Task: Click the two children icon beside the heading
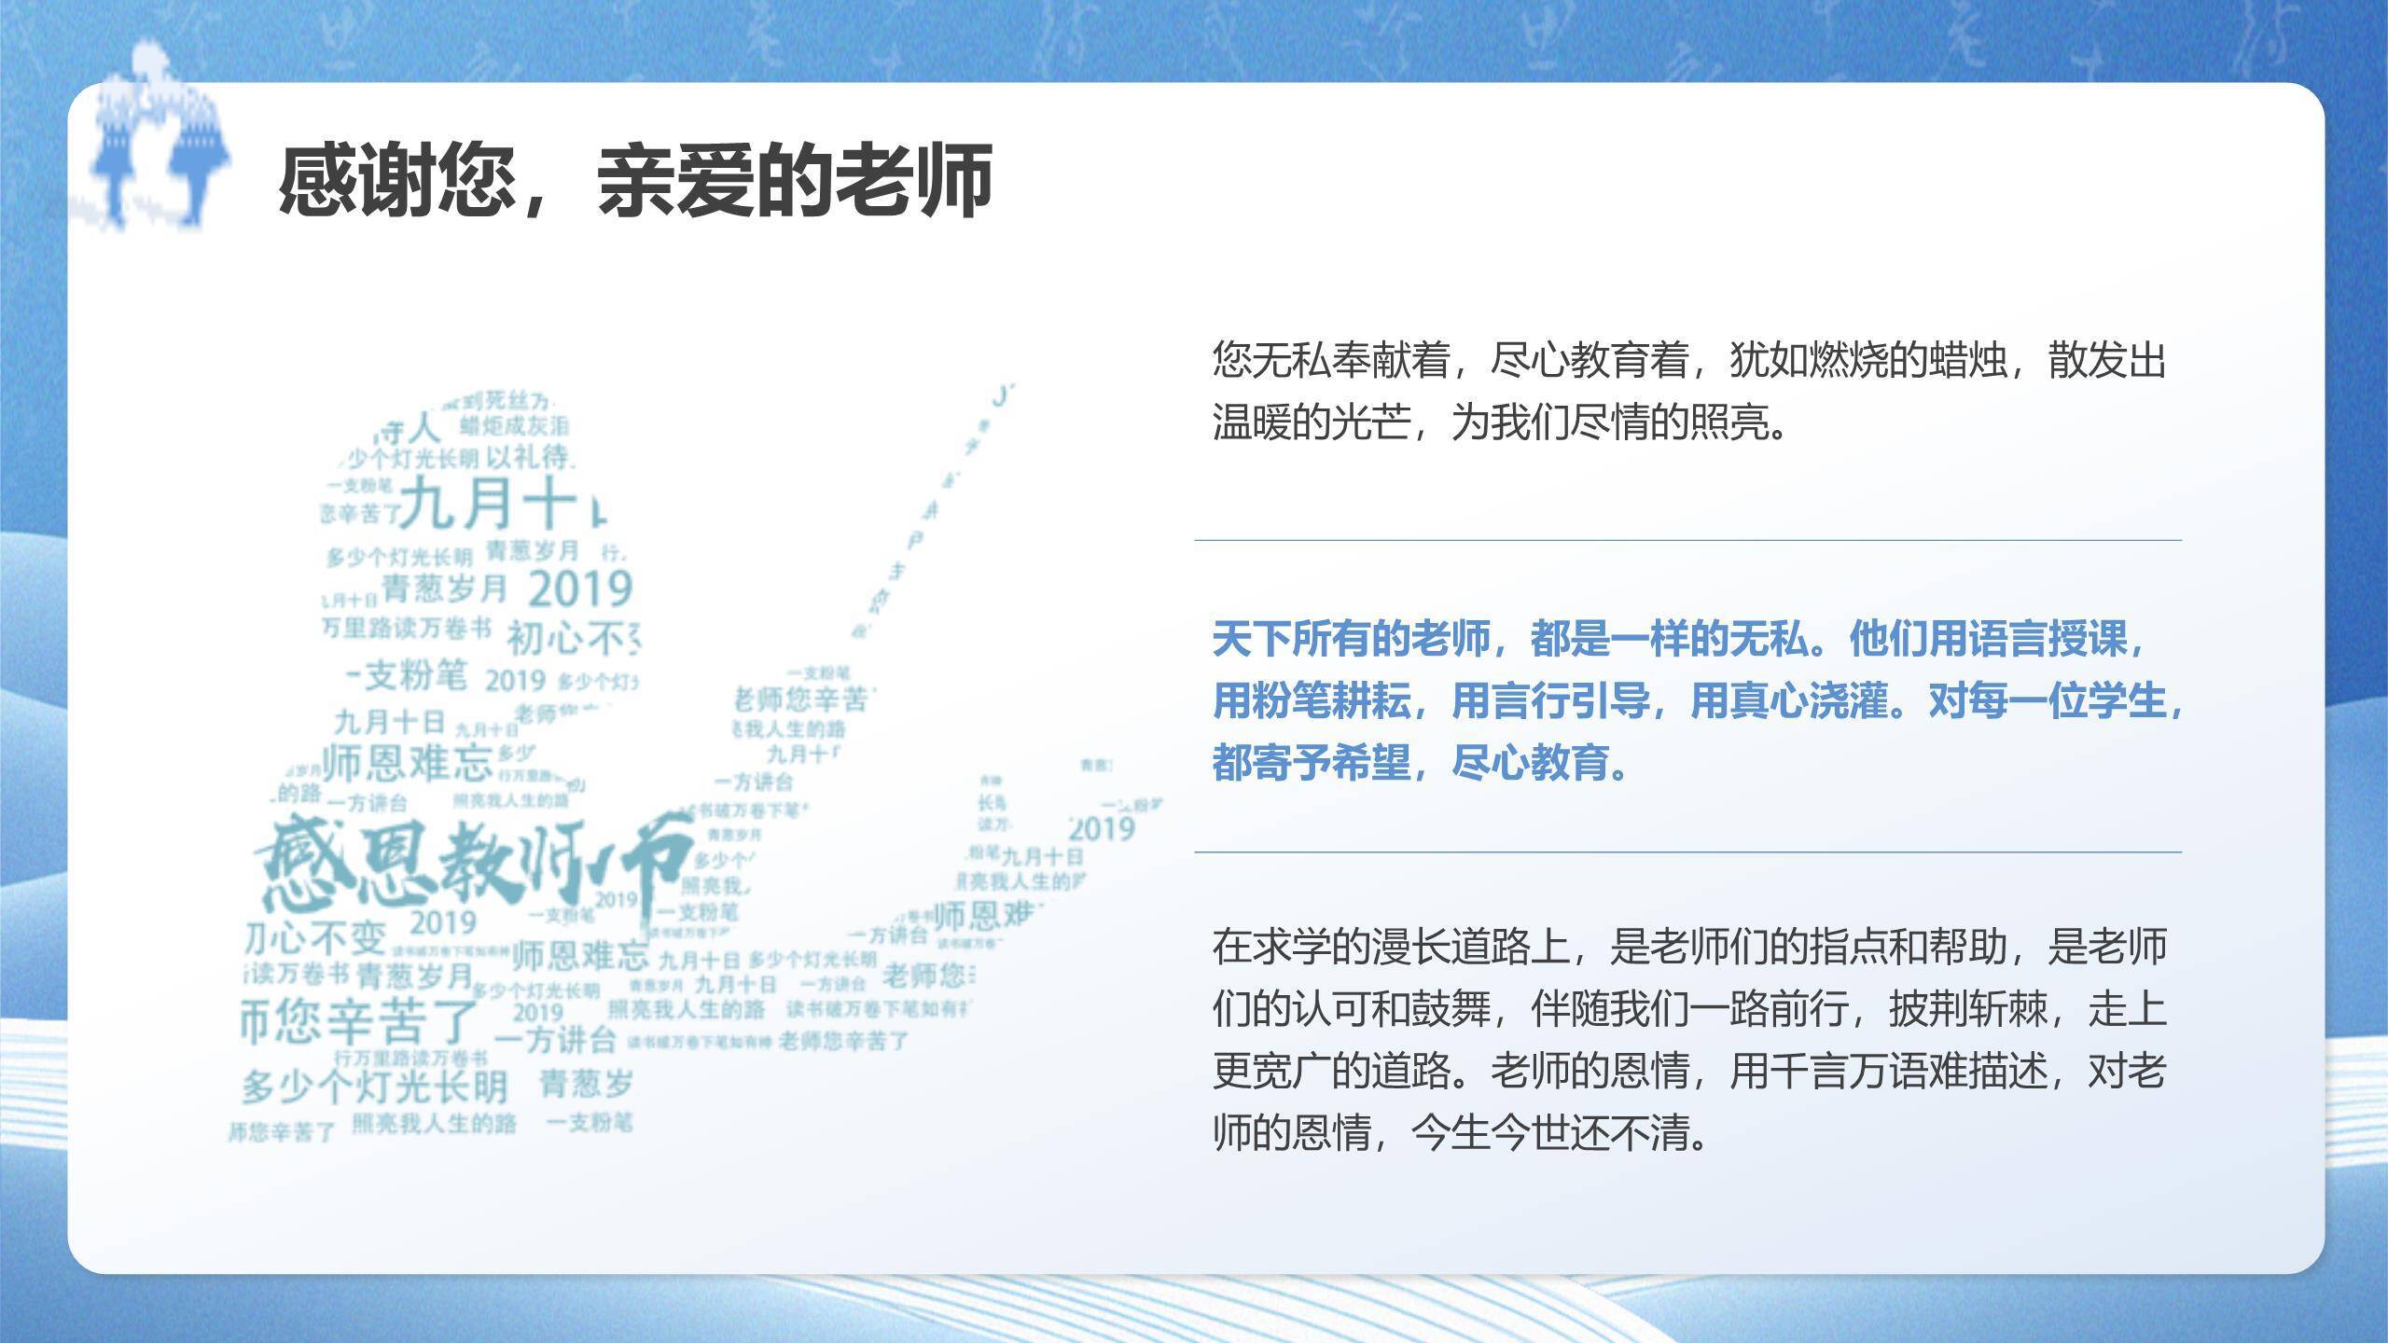tap(159, 140)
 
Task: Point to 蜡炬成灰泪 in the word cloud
tap(514, 427)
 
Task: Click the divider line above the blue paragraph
tap(1687, 540)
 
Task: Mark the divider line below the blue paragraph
tap(1687, 851)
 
